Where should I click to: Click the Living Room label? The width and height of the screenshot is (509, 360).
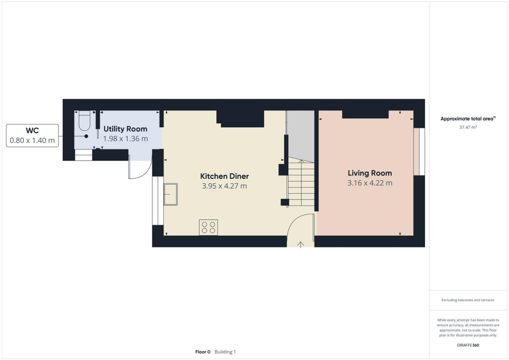(370, 173)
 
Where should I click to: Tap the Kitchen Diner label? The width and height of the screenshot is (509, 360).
(224, 176)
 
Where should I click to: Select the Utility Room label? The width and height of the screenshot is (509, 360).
(125, 129)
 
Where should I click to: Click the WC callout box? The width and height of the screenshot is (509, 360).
(32, 136)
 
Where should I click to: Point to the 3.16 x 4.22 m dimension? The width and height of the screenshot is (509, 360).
(370, 183)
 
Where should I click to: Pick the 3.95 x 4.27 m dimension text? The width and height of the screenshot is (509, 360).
(224, 186)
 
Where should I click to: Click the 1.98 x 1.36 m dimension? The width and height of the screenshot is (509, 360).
(125, 139)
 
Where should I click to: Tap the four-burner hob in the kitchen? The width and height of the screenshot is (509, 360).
(208, 227)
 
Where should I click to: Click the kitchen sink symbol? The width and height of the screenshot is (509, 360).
(170, 194)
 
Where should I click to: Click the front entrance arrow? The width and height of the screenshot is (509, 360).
(301, 244)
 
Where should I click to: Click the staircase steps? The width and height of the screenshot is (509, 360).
(301, 184)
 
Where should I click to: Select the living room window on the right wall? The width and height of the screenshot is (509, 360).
(419, 152)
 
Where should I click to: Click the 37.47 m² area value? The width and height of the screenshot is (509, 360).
(468, 127)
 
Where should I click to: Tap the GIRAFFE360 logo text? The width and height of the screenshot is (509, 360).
(468, 345)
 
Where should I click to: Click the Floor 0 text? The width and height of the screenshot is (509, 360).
(203, 352)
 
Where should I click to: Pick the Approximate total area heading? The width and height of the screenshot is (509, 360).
(468, 118)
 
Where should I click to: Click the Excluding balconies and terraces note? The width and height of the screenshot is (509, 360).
(468, 300)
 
